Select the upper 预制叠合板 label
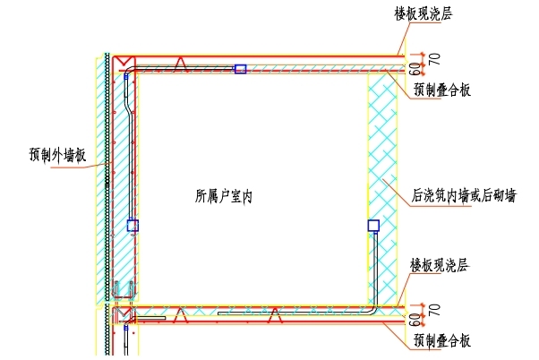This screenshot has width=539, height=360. tap(442, 90)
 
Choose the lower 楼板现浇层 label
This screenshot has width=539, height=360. tap(441, 265)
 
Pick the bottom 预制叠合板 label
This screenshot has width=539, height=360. tap(442, 340)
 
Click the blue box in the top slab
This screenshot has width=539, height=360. tap(240, 68)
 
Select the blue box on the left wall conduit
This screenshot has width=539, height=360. tap(133, 226)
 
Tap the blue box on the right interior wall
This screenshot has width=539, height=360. tap(373, 226)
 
